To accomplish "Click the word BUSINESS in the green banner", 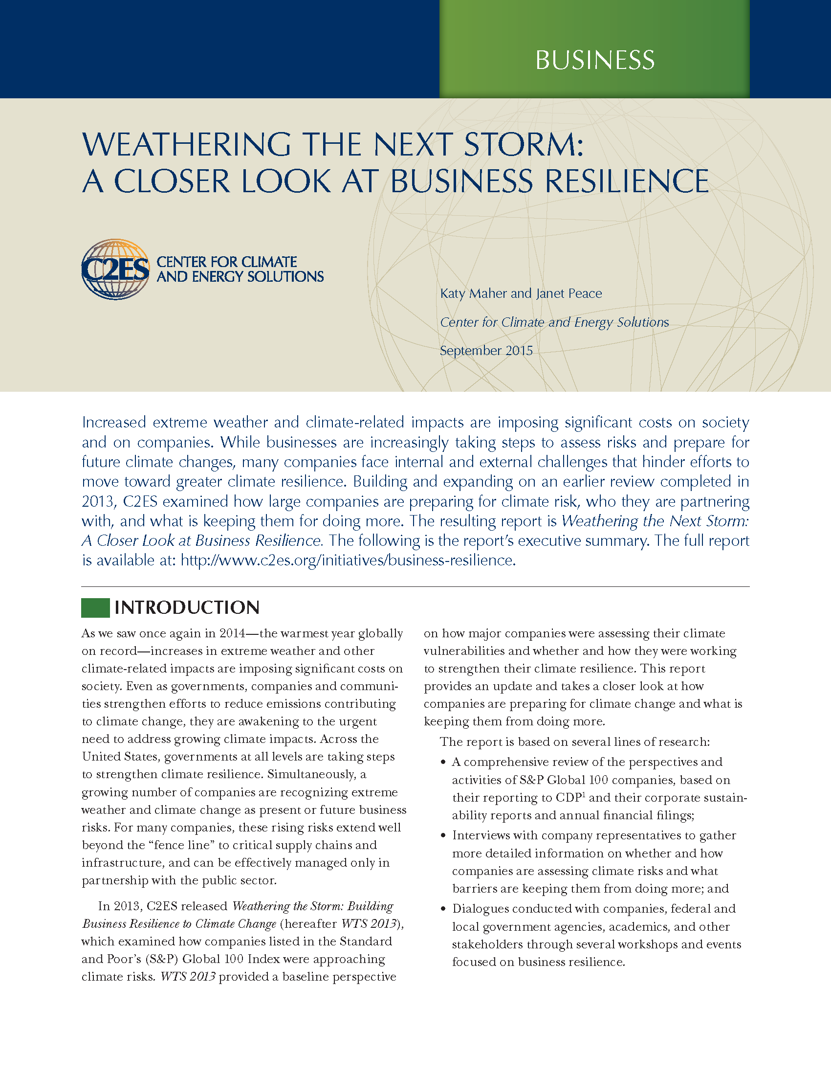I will click(x=595, y=60).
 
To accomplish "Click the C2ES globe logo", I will click(x=116, y=269).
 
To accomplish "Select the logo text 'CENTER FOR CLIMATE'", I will click(x=226, y=262).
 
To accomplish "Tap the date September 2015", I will click(x=486, y=351).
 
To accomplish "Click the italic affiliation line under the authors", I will click(x=554, y=322).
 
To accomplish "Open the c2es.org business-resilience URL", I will click(x=348, y=560).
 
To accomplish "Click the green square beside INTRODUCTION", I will click(x=95, y=607).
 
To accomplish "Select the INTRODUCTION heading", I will click(x=187, y=607).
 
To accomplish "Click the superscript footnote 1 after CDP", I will click(x=584, y=794).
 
